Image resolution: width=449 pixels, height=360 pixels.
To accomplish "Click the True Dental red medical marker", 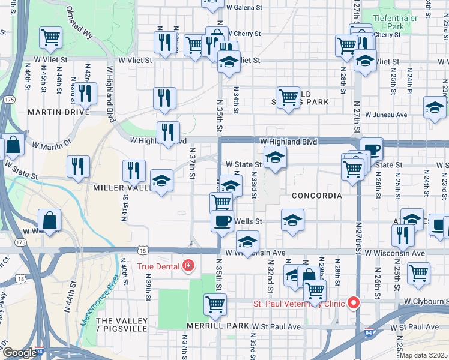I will pos(189,265).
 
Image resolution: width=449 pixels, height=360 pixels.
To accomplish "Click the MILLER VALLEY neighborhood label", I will pos(120,188).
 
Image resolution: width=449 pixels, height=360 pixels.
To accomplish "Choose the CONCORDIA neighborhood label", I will pos(316,196).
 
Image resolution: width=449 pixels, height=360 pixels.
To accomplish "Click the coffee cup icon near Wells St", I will pos(222,220).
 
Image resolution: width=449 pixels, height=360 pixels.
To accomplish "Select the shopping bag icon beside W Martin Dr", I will pos(13,145).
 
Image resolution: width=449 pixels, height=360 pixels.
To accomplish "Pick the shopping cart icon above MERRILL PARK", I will pos(215,304).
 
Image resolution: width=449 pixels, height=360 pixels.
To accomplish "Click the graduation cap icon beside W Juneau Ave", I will pos(435,107).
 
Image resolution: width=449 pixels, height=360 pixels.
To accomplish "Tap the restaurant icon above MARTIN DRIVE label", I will pos(84,92).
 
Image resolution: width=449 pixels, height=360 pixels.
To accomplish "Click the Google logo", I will pos(20,353).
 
